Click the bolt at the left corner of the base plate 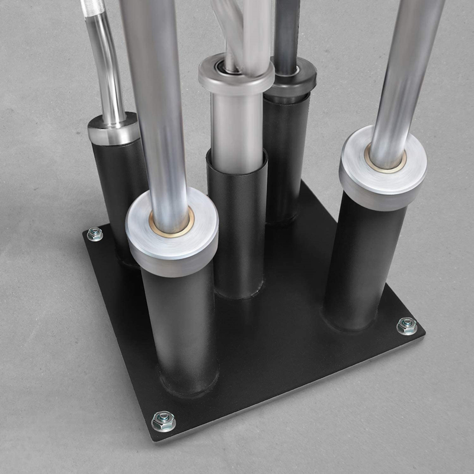point(95,235)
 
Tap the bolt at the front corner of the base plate point(164,421)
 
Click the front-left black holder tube point(181,332)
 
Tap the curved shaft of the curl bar point(107,65)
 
